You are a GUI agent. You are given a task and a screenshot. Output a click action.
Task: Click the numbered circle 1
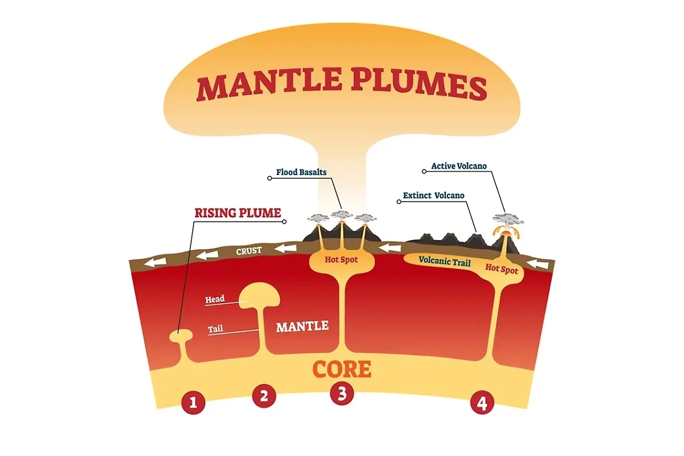click(193, 403)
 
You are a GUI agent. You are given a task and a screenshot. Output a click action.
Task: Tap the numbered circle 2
click(263, 396)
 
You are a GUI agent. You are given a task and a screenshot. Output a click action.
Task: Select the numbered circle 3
click(341, 394)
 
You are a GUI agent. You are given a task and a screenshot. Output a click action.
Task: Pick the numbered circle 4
click(482, 403)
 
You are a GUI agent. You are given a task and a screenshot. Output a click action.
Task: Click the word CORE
click(342, 369)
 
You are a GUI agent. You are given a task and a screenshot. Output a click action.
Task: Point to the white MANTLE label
click(302, 327)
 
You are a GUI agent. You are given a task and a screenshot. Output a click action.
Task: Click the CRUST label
click(249, 251)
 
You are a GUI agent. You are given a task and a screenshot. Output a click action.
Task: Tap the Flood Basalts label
click(302, 172)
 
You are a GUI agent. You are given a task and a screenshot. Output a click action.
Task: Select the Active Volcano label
click(459, 166)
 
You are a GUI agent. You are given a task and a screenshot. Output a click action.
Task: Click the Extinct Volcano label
click(433, 196)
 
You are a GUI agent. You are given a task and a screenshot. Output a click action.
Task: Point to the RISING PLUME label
click(238, 213)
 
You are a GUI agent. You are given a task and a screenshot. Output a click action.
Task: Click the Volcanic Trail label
click(444, 260)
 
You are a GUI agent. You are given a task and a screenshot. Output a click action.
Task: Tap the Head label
click(215, 299)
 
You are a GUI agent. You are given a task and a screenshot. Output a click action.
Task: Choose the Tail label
click(215, 328)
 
